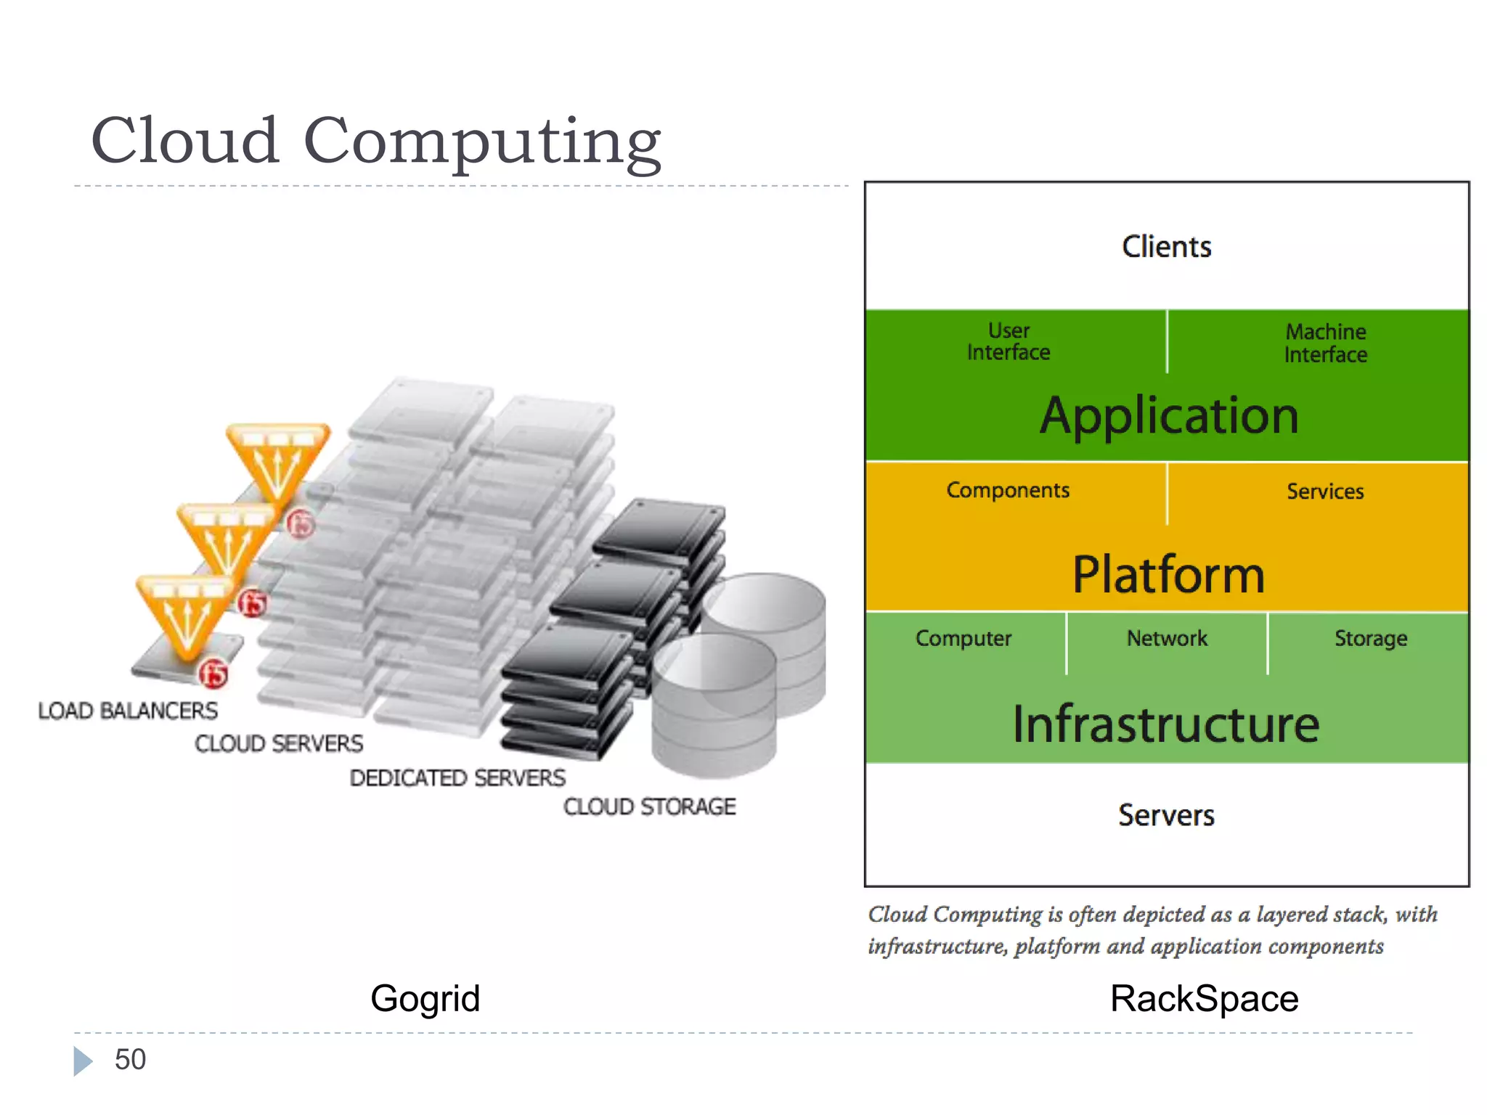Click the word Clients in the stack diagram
pos(1166,247)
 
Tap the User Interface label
pos(1009,341)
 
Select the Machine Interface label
pos(1326,343)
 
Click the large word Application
pos(1169,416)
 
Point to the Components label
pos(1008,490)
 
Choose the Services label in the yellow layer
pos(1325,491)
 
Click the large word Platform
pos(1168,574)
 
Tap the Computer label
pos(964,638)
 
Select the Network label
pos(1167,638)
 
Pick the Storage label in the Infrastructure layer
pos(1371,638)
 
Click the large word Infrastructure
pos(1166,724)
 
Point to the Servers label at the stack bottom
pos(1166,815)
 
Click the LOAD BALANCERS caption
pos(128,711)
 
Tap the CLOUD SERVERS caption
pos(279,743)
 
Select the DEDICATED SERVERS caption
pos(457,777)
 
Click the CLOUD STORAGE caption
pos(650,806)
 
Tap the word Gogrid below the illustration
pos(425,999)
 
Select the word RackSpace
pos(1204,999)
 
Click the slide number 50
pos(130,1060)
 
